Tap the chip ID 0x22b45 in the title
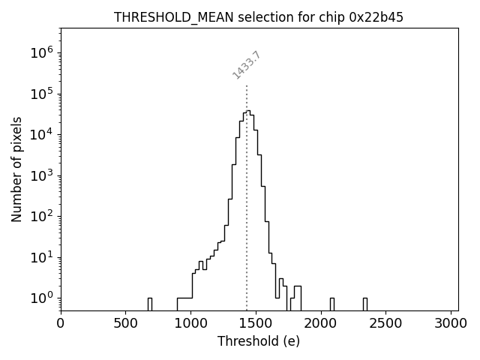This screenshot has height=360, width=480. [376, 17]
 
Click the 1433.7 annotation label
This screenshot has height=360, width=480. [247, 64]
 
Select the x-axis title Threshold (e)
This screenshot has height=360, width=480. [259, 341]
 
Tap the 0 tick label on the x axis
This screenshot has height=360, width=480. [61, 323]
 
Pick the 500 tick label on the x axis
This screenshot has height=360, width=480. [125, 323]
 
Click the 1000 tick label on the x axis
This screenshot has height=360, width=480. [190, 323]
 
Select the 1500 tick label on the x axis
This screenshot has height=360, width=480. [256, 323]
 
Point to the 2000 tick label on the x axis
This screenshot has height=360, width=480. [321, 323]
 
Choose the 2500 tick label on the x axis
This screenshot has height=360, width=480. [385, 323]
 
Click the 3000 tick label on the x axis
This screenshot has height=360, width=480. [451, 323]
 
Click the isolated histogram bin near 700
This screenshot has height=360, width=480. [150, 304]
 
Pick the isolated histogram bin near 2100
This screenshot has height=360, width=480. [332, 304]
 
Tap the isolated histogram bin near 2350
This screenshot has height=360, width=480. [365, 304]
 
